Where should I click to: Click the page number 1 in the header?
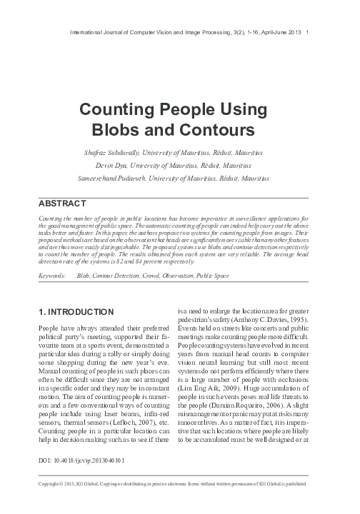click(307, 33)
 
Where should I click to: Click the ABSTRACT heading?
click(60, 202)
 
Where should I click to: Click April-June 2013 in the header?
click(281, 33)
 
